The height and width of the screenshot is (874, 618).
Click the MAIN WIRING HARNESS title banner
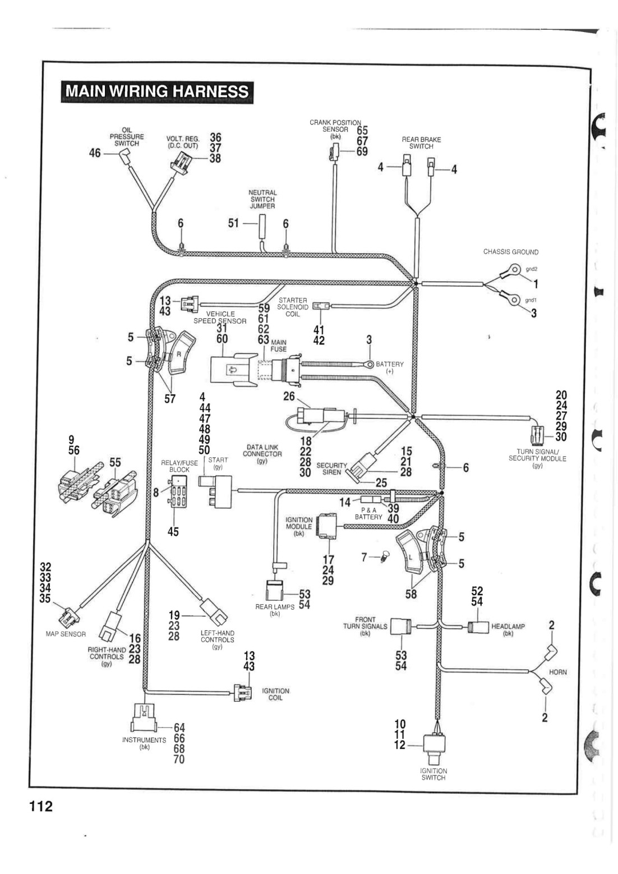(157, 92)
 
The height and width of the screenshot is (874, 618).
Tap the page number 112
(41, 806)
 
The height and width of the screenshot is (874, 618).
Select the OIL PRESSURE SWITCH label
(126, 136)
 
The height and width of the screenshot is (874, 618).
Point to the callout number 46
(95, 153)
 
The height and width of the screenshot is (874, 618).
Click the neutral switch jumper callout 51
(233, 223)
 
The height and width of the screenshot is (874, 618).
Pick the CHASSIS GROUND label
(511, 252)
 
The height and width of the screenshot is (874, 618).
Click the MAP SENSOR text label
(66, 634)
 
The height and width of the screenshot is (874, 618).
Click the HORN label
(557, 672)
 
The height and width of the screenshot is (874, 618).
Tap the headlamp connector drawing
(478, 627)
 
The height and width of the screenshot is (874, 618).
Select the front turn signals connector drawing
(401, 627)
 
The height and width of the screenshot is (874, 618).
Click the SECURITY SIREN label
(331, 468)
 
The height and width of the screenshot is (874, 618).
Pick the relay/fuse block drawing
(178, 492)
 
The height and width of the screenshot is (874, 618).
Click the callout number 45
(173, 531)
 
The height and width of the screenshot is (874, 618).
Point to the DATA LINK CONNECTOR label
(262, 454)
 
